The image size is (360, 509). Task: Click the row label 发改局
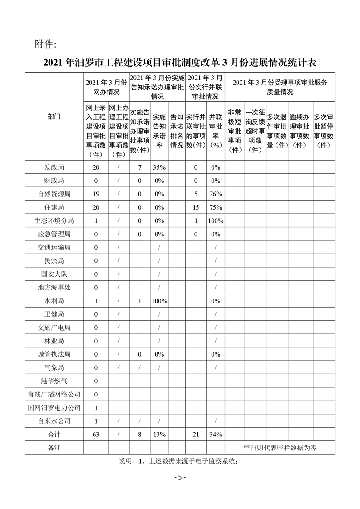coord(54,167)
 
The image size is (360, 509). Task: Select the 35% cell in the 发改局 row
coord(159,167)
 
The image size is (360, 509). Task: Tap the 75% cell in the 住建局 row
coord(216,207)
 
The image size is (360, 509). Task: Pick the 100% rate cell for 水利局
coord(159,301)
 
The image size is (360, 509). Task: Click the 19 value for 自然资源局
coord(96,194)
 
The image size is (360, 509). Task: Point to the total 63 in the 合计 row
coord(96,434)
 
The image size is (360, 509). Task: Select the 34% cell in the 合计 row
coord(216,434)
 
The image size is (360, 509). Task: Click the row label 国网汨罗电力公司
coord(54,407)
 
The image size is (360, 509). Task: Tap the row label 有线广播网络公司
coord(54,394)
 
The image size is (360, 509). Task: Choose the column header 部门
coord(54,117)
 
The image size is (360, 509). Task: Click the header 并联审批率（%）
coord(216,130)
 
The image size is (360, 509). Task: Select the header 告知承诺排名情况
coord(177,130)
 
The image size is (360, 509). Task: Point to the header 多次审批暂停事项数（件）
coord(324,130)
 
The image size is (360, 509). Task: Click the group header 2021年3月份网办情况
coord(106,87)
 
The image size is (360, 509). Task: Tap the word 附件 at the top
coord(45,44)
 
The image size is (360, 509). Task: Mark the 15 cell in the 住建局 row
coord(196,207)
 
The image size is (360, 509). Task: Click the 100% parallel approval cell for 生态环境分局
coord(216,221)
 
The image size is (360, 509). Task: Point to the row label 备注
coord(54,447)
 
